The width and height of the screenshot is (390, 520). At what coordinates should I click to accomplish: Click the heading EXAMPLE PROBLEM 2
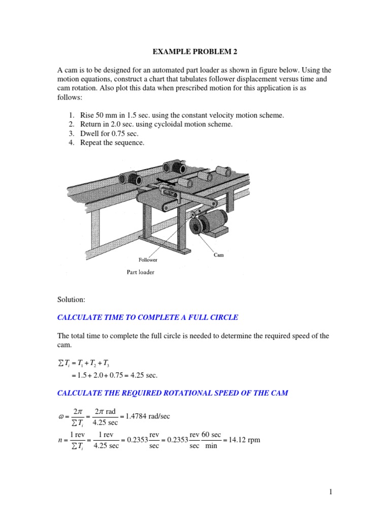click(x=194, y=51)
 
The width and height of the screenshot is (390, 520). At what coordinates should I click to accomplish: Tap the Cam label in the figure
click(x=218, y=255)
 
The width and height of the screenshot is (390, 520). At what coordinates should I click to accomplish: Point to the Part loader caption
click(x=141, y=272)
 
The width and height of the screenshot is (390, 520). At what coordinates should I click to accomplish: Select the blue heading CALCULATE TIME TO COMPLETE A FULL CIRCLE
click(x=148, y=318)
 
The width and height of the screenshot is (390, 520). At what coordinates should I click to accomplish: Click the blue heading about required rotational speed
click(x=173, y=394)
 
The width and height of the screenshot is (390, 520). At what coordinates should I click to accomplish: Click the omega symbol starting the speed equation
click(x=61, y=417)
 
